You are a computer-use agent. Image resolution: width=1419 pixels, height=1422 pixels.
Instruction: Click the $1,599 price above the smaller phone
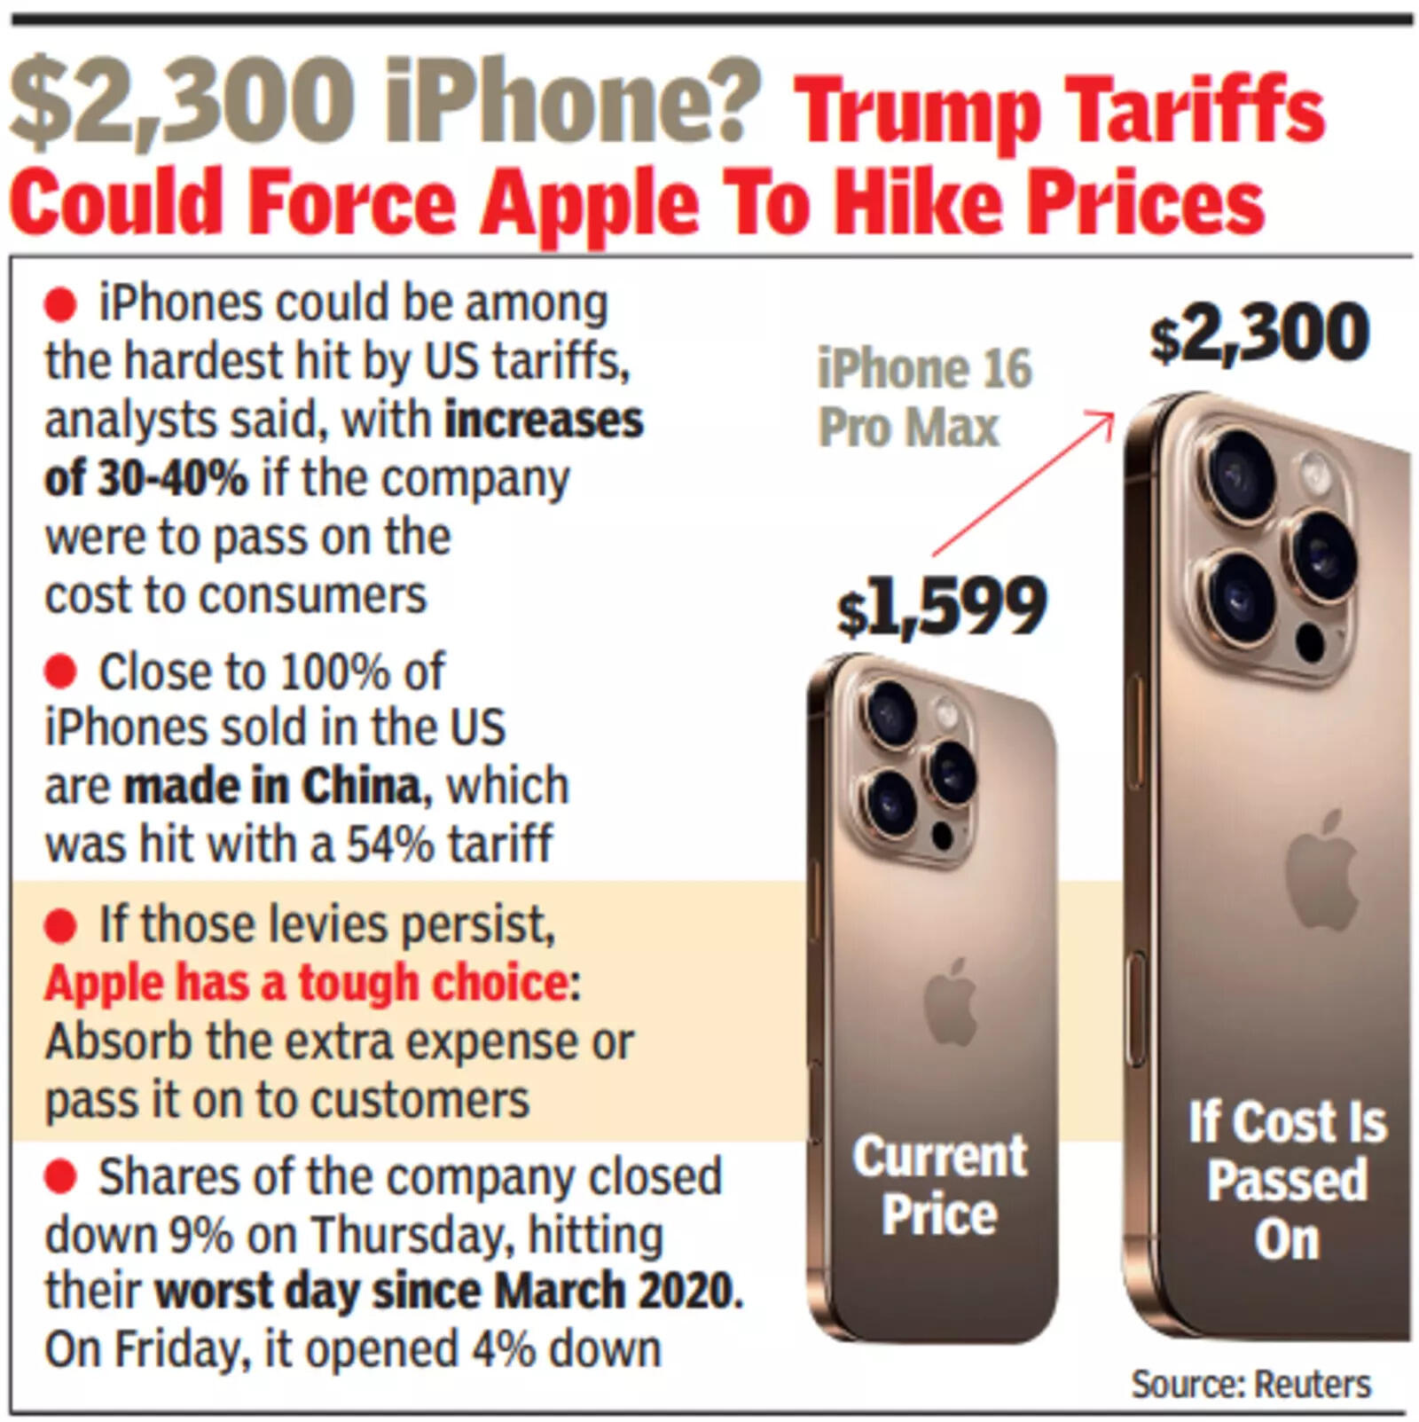point(942,608)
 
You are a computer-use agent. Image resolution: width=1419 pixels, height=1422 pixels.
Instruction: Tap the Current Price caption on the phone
point(940,1185)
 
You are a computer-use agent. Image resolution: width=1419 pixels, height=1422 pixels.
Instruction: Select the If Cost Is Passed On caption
point(1287,1180)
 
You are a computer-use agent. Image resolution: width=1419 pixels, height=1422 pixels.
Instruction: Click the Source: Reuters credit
point(1250,1384)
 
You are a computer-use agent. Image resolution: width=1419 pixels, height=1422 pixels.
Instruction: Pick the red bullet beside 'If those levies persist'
point(60,926)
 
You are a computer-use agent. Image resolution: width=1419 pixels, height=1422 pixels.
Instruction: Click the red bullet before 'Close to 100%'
point(60,672)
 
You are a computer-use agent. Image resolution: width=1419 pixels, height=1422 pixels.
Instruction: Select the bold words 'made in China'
point(271,787)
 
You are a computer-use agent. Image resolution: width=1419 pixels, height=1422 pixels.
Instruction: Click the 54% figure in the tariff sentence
point(383,845)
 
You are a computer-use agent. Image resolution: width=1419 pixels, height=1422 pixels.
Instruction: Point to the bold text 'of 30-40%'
point(146,479)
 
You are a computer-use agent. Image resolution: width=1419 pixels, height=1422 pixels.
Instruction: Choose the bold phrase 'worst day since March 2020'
point(448,1292)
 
